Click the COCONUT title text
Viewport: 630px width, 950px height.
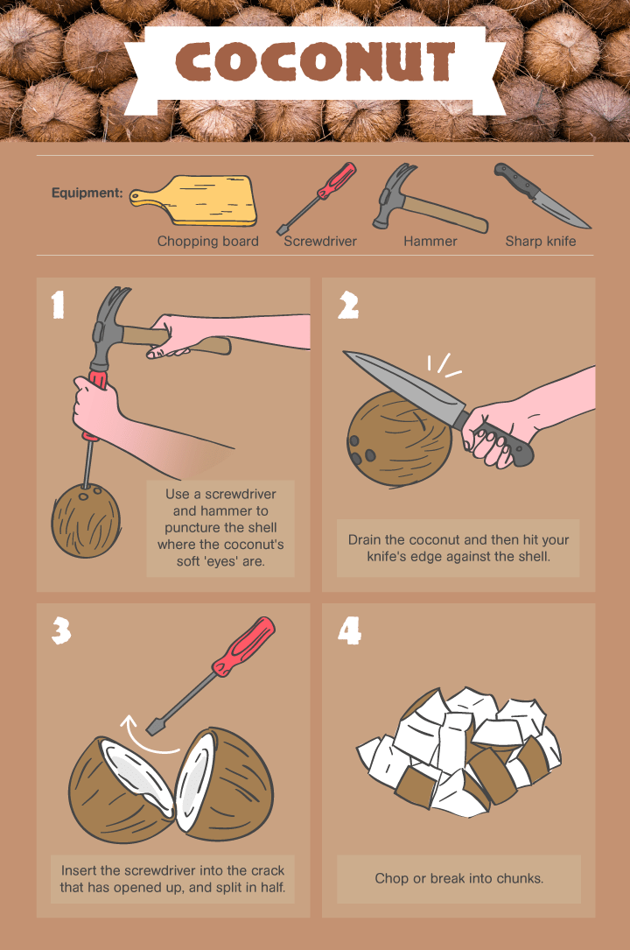tap(315, 62)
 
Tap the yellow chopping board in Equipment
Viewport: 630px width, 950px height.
tap(193, 201)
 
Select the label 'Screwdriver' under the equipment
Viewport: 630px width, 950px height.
tap(320, 241)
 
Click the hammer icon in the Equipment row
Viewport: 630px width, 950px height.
tap(429, 198)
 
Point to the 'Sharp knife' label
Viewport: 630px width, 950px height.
tap(541, 241)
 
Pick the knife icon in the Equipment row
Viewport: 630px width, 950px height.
tap(541, 195)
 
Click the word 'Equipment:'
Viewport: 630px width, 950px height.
tap(87, 193)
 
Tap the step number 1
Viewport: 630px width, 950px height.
tap(58, 304)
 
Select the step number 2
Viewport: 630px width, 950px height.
tap(348, 305)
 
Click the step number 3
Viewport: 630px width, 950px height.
tap(60, 630)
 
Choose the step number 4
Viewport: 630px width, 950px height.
tap(349, 630)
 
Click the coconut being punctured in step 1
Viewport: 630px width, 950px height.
tap(86, 520)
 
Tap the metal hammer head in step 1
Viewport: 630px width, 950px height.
tap(107, 327)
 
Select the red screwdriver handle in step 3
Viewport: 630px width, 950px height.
tap(243, 646)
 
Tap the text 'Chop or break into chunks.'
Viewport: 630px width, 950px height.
tap(458, 878)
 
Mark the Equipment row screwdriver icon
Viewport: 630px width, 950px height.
tap(317, 198)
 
